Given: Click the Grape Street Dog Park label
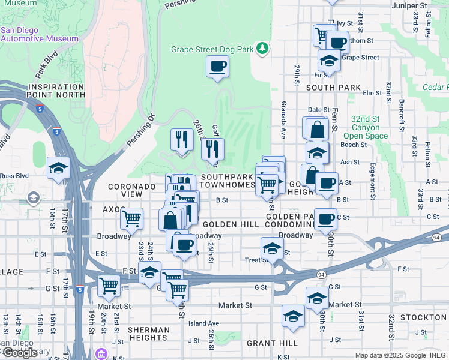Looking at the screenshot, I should pos(211,50).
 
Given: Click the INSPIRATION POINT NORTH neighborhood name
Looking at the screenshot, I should pos(55,91).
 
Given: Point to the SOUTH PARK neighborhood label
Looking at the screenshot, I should pos(333,88).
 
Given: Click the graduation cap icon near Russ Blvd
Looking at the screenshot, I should pos(58,169).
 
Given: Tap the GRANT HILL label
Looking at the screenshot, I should pos(272,343).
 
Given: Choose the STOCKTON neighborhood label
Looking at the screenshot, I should pos(424,317).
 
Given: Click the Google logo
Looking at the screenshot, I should pos(20,353).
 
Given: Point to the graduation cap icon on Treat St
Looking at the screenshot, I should pos(272,248).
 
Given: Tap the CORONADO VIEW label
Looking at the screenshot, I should pos(132,191).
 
